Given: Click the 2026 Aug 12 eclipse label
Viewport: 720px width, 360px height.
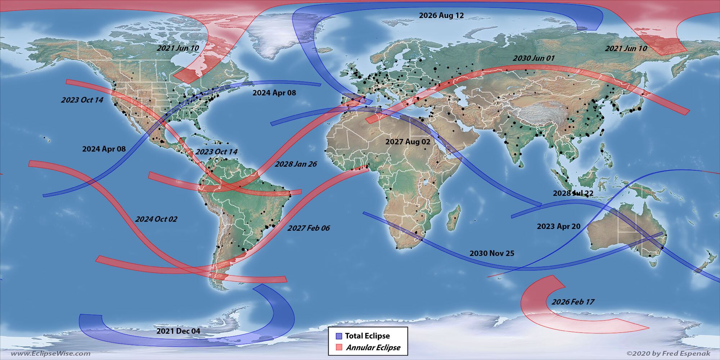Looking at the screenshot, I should click(x=441, y=15).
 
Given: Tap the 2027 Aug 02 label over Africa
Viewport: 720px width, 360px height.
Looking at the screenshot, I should click(x=408, y=142).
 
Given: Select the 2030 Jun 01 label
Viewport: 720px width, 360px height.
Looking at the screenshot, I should click(x=534, y=58).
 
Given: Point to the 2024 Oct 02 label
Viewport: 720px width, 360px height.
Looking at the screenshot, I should click(x=156, y=219).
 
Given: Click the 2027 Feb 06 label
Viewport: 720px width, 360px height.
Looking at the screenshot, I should click(x=308, y=228).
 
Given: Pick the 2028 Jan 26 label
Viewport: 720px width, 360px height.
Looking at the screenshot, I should click(x=296, y=164).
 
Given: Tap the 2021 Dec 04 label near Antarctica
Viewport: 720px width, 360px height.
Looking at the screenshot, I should click(x=178, y=331).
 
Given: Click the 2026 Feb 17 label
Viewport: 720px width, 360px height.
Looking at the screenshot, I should click(x=570, y=302).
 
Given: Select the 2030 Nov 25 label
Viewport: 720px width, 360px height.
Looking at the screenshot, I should click(x=492, y=253).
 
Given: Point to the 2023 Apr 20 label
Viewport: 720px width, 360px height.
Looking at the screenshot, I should click(x=558, y=226).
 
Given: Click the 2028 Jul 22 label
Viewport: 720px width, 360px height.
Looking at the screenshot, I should click(x=573, y=193).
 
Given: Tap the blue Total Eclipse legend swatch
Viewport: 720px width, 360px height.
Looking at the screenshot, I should click(x=338, y=336).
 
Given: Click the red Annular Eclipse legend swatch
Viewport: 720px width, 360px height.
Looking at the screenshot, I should click(x=338, y=347).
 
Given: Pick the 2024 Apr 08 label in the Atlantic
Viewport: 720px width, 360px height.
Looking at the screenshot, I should click(x=274, y=93).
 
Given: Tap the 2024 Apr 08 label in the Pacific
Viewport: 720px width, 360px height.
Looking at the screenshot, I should click(x=104, y=149).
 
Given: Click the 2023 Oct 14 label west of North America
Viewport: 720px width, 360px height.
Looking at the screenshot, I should click(x=82, y=100).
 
